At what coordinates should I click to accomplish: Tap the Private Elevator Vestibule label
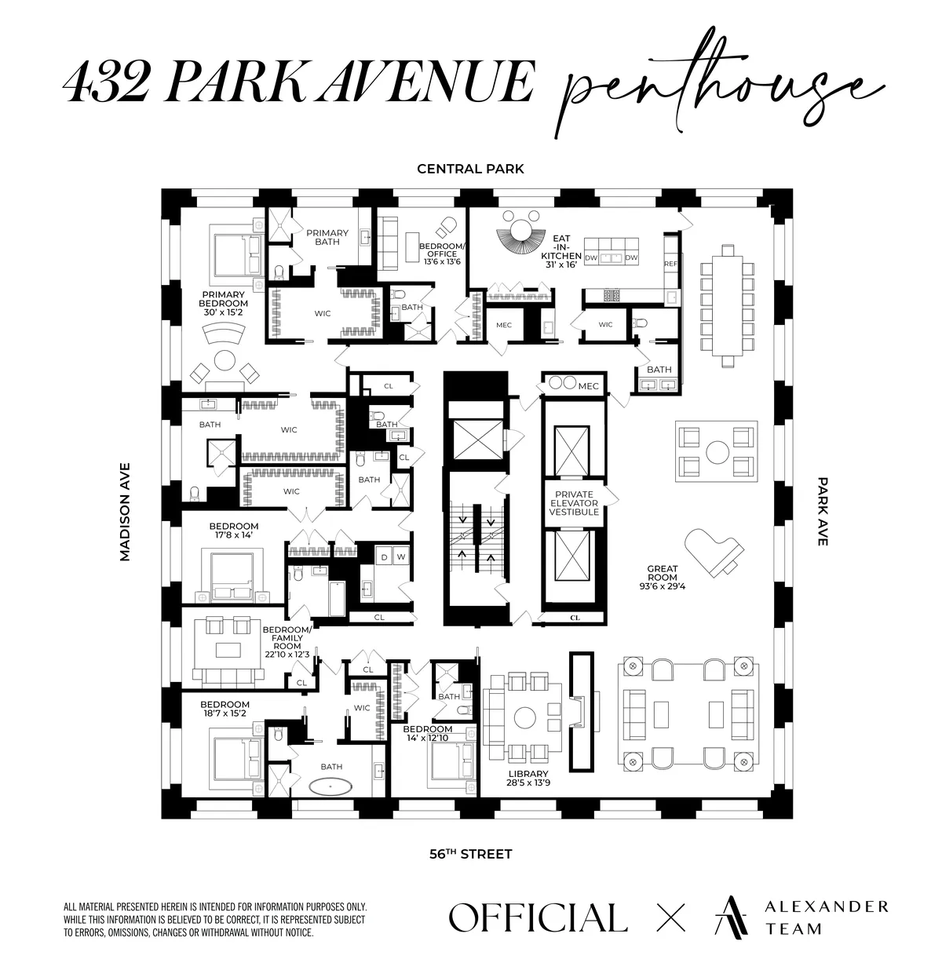pos(574,502)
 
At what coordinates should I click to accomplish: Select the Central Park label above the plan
pos(470,169)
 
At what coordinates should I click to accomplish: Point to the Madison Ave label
pos(125,511)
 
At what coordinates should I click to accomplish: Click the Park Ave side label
pos(822,511)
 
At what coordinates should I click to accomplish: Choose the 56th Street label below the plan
pos(470,854)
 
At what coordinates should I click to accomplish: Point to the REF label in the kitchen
pos(670,264)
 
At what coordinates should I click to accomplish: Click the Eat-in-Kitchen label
pos(567,251)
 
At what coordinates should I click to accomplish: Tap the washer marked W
pos(400,557)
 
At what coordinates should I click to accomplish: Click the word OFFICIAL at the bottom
pos(538,917)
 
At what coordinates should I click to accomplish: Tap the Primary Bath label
pos(327,237)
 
